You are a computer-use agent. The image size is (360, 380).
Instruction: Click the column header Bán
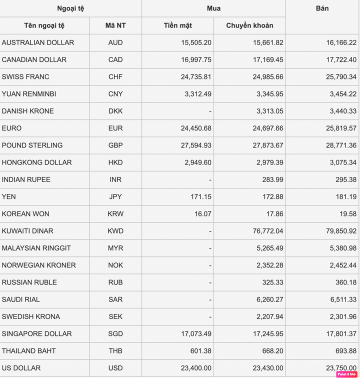point(322,8)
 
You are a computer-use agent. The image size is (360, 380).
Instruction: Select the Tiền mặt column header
point(177,25)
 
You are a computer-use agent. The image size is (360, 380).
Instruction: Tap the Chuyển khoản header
point(249,25)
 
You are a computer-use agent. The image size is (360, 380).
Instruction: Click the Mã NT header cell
point(115,25)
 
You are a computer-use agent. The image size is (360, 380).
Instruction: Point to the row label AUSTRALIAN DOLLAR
point(38,42)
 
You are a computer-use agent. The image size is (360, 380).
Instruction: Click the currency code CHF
point(115,77)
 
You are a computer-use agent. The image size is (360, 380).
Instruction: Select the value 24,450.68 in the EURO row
point(196,128)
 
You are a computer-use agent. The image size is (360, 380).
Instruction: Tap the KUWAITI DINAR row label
point(27,231)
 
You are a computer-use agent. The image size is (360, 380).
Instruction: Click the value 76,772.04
point(268,231)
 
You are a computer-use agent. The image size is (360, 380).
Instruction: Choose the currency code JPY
point(115,197)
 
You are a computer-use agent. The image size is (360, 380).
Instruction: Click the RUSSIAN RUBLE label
point(29,282)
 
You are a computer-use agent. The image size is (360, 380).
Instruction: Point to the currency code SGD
point(115,334)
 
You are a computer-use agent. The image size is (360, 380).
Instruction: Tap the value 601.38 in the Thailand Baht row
point(200,351)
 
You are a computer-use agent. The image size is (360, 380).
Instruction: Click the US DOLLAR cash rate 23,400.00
point(196,368)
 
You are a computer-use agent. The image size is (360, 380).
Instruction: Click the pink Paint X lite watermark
point(346,374)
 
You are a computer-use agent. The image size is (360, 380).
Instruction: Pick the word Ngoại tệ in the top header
point(70,8)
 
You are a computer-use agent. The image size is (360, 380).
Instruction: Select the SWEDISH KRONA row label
point(31,316)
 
